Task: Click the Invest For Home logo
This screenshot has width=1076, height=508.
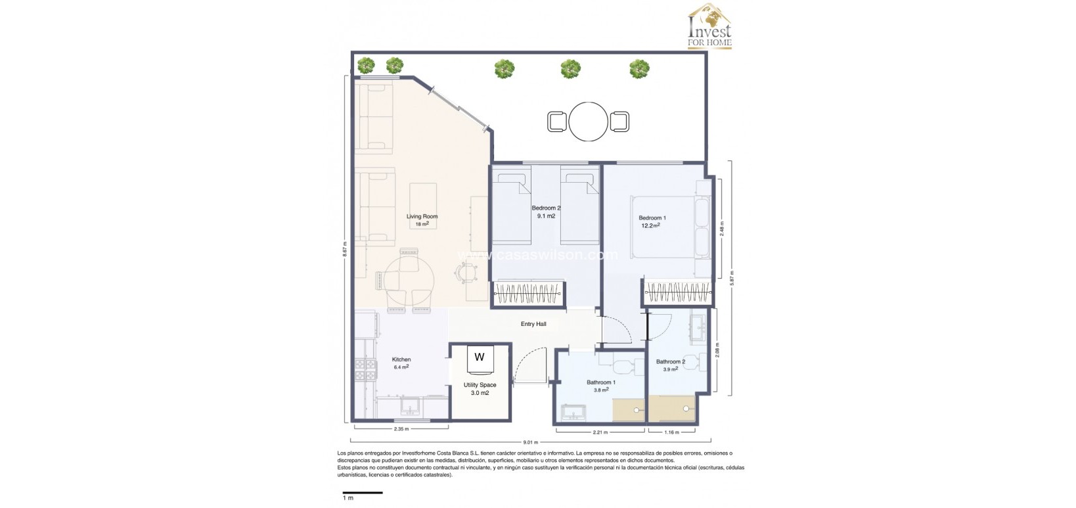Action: tap(709, 27)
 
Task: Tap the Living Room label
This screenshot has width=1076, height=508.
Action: tap(422, 217)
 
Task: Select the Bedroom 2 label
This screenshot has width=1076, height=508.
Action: tap(546, 208)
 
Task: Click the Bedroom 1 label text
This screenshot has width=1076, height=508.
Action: tap(652, 218)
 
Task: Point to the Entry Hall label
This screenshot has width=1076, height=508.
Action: tap(533, 324)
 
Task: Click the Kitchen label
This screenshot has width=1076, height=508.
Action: tap(401, 359)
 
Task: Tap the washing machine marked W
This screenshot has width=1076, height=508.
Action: tap(480, 358)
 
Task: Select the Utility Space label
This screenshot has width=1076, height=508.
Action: tap(480, 385)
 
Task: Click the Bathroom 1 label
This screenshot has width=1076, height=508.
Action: tap(601, 382)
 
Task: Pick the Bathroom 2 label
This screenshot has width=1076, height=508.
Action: tap(670, 361)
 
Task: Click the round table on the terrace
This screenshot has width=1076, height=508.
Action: tap(589, 122)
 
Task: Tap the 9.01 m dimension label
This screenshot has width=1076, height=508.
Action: tap(531, 442)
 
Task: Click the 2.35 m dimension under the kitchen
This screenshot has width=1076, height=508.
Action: tap(401, 429)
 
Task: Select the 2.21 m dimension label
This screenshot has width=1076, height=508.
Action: tap(600, 432)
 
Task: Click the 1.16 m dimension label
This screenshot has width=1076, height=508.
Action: tap(671, 432)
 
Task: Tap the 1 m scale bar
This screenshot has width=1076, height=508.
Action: tap(363, 492)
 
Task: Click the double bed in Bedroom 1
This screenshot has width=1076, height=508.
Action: tap(663, 227)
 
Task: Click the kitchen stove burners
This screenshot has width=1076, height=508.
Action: tap(365, 370)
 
